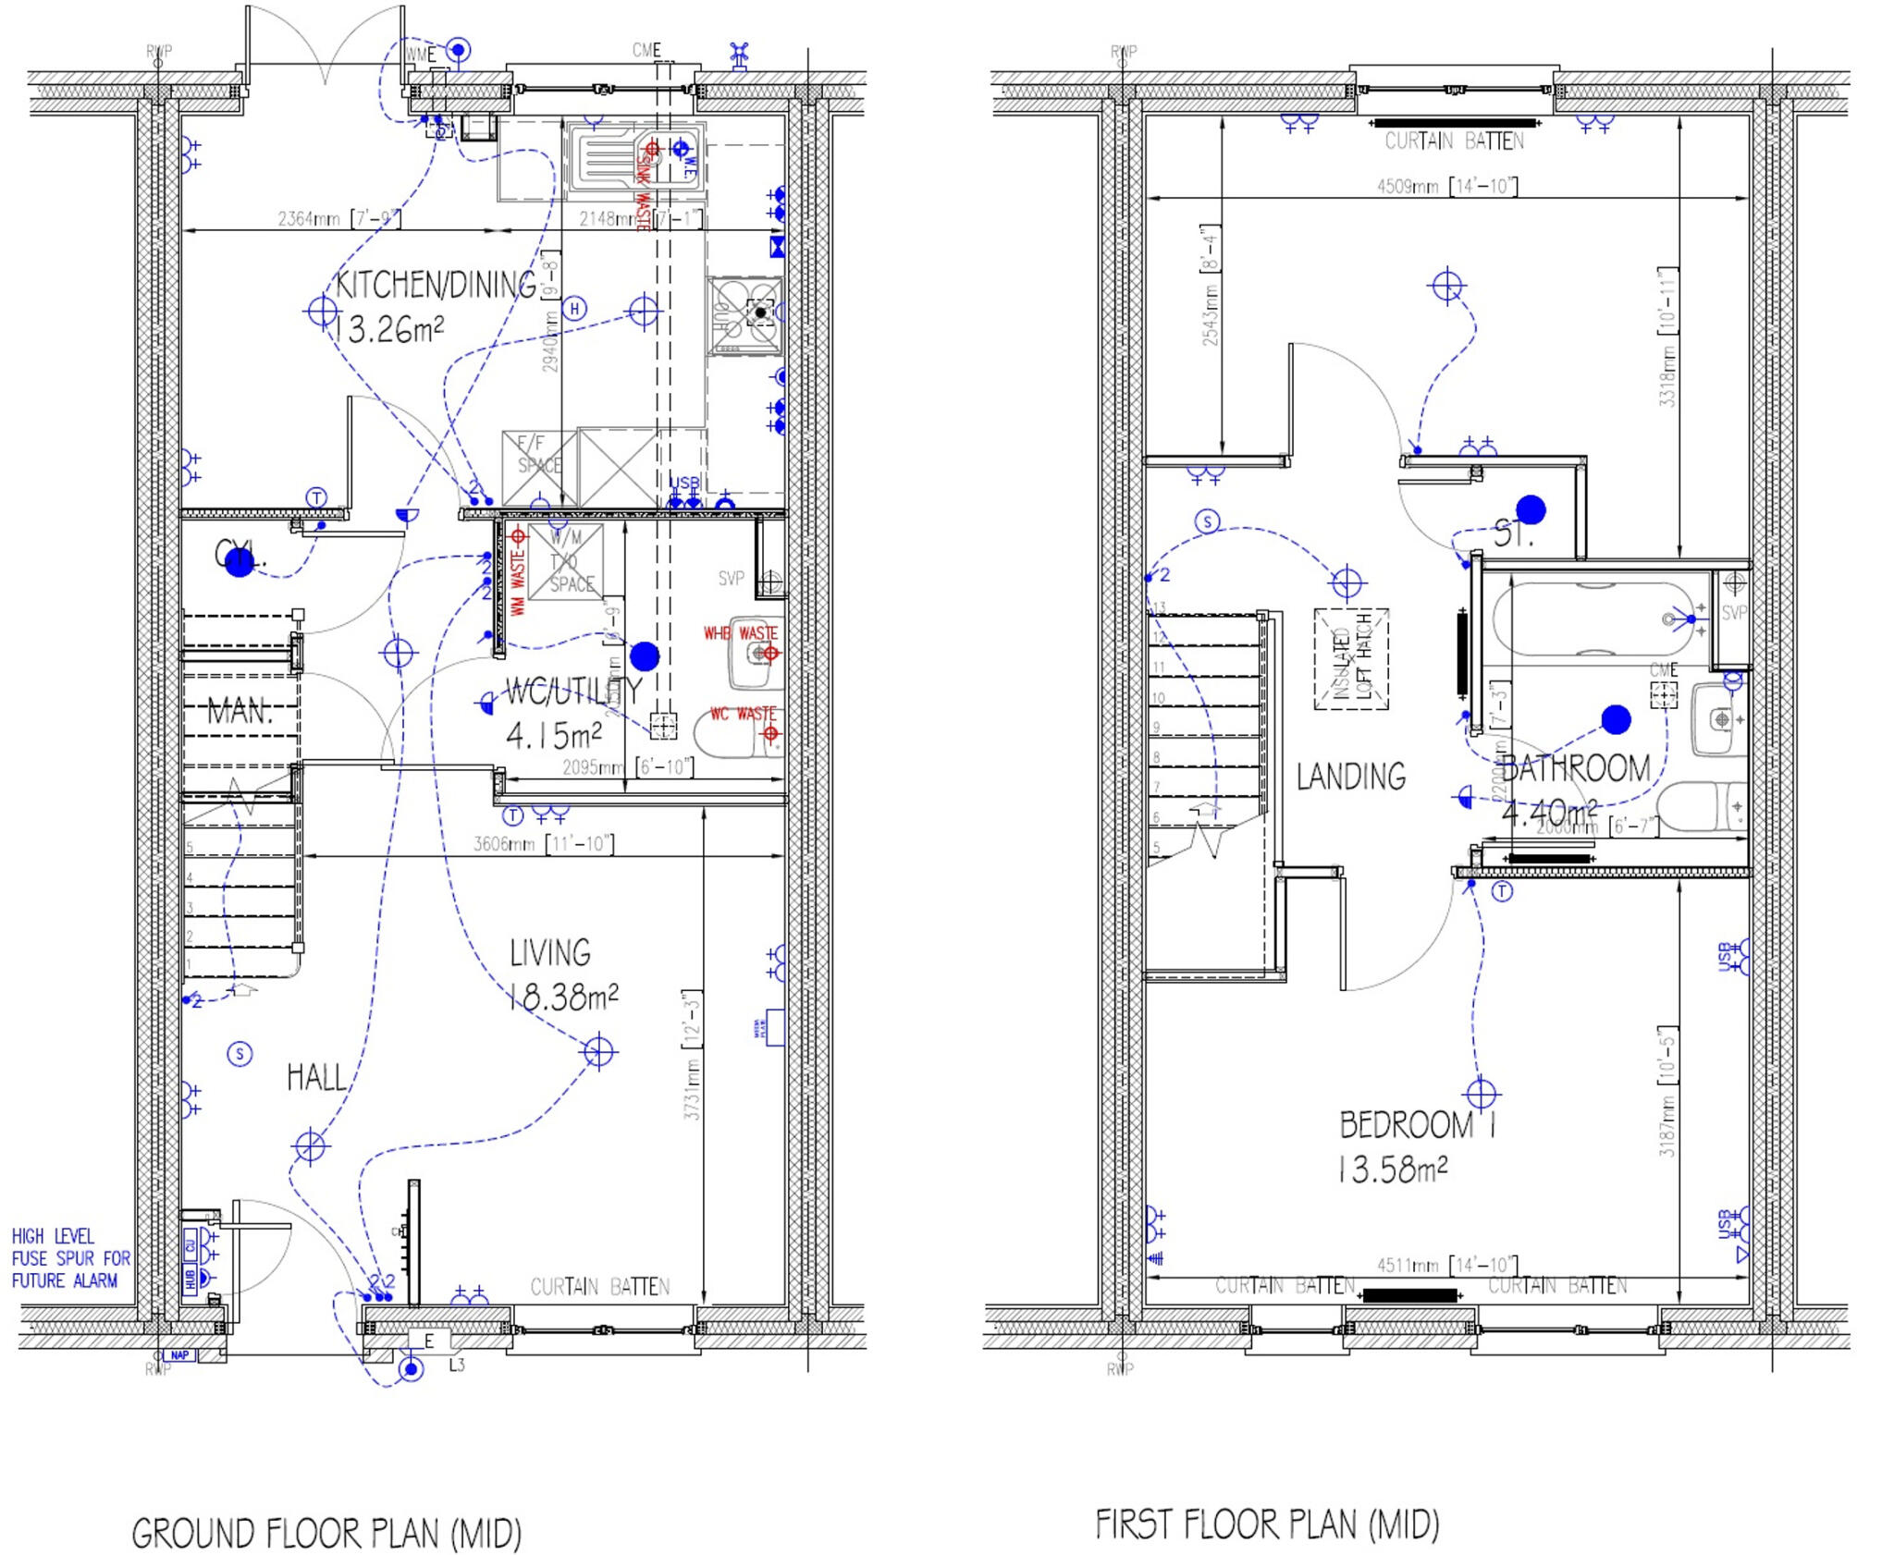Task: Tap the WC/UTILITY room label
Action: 572,692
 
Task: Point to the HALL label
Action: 316,1078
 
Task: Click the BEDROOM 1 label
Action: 1417,1125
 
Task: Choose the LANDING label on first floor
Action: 1350,777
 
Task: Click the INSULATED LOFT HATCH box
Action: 1351,658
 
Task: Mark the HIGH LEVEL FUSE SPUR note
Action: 70,1258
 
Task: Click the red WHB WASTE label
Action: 740,633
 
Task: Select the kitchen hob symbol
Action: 745,315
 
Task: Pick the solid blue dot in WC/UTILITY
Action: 645,656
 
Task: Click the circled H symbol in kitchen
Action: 574,309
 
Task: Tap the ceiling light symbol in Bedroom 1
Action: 1482,1094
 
